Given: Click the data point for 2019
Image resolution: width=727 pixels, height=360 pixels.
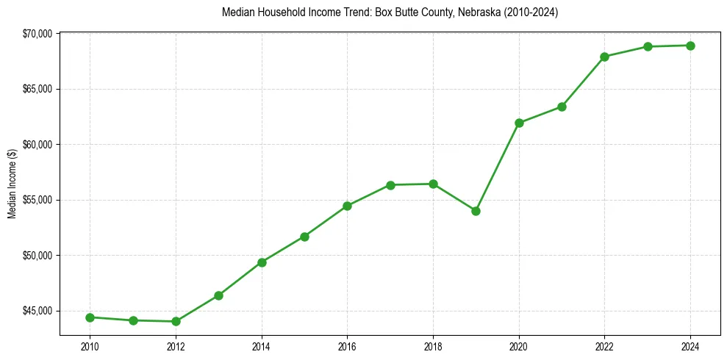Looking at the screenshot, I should pyautogui.click(x=476, y=211).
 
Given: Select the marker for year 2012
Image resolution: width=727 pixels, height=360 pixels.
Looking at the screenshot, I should pyautogui.click(x=176, y=321).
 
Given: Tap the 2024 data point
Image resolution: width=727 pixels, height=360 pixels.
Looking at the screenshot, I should pyautogui.click(x=690, y=46).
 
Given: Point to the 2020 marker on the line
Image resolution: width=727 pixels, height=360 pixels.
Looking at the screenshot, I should pyautogui.click(x=519, y=123).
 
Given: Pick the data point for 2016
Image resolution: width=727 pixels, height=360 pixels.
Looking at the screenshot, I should pyautogui.click(x=347, y=206).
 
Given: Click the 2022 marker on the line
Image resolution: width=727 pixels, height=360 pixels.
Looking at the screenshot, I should pyautogui.click(x=604, y=57).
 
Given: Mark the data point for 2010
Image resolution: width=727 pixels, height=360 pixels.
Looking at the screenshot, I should pyautogui.click(x=90, y=317).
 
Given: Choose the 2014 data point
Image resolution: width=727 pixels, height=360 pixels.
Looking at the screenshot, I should pyautogui.click(x=262, y=262).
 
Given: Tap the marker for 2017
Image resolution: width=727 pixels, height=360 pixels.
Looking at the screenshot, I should pyautogui.click(x=390, y=185).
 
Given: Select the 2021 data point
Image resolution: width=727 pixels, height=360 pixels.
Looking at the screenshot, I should pyautogui.click(x=562, y=107).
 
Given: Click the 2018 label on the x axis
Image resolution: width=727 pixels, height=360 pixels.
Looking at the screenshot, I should pyautogui.click(x=433, y=344).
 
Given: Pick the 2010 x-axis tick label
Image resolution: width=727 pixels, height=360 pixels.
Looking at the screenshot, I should pyautogui.click(x=90, y=344).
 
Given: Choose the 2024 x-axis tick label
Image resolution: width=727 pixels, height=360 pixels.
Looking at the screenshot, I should pyautogui.click(x=690, y=344).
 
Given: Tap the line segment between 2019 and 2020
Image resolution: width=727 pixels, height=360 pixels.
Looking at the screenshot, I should pyautogui.click(x=498, y=167).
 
